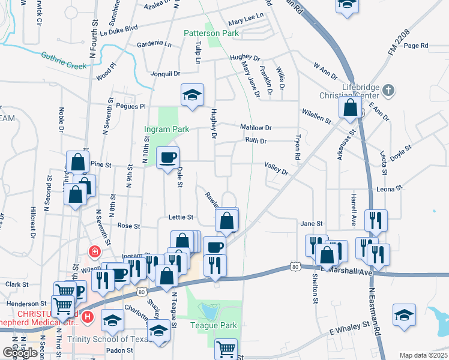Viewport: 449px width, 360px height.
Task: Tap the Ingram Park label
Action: [166, 129]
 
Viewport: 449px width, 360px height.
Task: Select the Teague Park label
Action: [214, 326]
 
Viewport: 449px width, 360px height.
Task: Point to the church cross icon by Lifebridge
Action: [388, 91]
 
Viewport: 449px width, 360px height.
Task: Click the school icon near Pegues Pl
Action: [193, 95]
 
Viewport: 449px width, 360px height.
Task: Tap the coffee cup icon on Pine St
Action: [167, 157]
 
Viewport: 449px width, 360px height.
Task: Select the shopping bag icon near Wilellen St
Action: [350, 107]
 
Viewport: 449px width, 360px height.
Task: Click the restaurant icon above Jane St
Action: [375, 220]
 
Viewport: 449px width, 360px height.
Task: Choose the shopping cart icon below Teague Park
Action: [226, 349]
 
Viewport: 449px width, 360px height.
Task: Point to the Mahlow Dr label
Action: [256, 128]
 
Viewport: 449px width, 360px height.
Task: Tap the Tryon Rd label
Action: [297, 146]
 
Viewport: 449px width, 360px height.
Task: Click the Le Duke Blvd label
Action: [119, 29]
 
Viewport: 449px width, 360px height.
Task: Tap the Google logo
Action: [20, 352]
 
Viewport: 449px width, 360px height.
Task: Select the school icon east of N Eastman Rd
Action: [405, 315]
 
